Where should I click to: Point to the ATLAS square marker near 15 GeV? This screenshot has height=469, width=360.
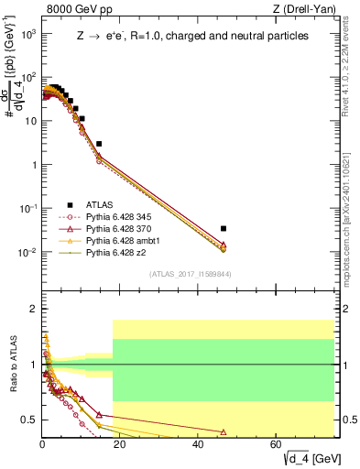click(99, 144)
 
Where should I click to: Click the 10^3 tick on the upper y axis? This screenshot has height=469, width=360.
click(27, 33)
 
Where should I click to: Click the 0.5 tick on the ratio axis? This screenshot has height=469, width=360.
click(29, 420)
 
